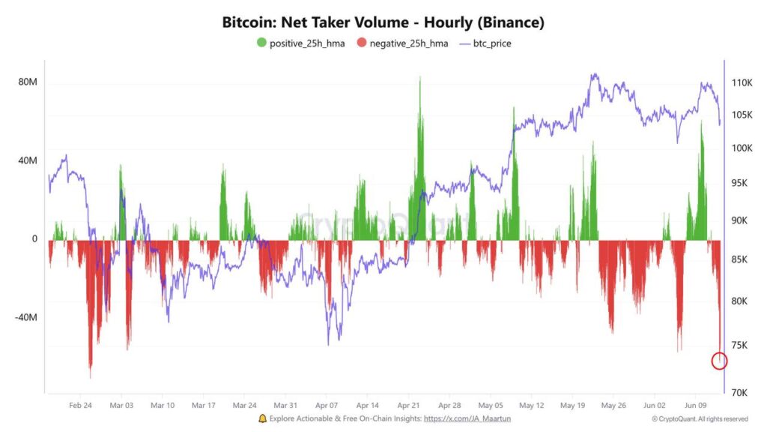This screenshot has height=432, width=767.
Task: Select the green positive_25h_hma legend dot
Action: (x=261, y=43)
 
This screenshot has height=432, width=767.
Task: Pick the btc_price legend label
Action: (x=492, y=43)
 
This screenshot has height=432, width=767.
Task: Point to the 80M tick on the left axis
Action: (x=28, y=82)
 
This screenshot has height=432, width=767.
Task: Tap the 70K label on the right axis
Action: (x=741, y=392)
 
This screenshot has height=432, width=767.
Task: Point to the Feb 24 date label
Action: (x=80, y=406)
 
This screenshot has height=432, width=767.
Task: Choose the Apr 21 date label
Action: (x=408, y=406)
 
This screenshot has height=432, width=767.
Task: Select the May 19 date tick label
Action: (x=572, y=406)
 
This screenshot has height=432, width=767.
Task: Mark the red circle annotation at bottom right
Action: (x=719, y=361)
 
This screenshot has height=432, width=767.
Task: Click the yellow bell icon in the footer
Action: (x=262, y=418)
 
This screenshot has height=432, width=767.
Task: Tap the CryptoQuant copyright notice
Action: (x=700, y=419)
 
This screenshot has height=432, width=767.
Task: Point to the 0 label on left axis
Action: (x=34, y=239)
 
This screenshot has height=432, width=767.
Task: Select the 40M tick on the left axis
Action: (x=28, y=160)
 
